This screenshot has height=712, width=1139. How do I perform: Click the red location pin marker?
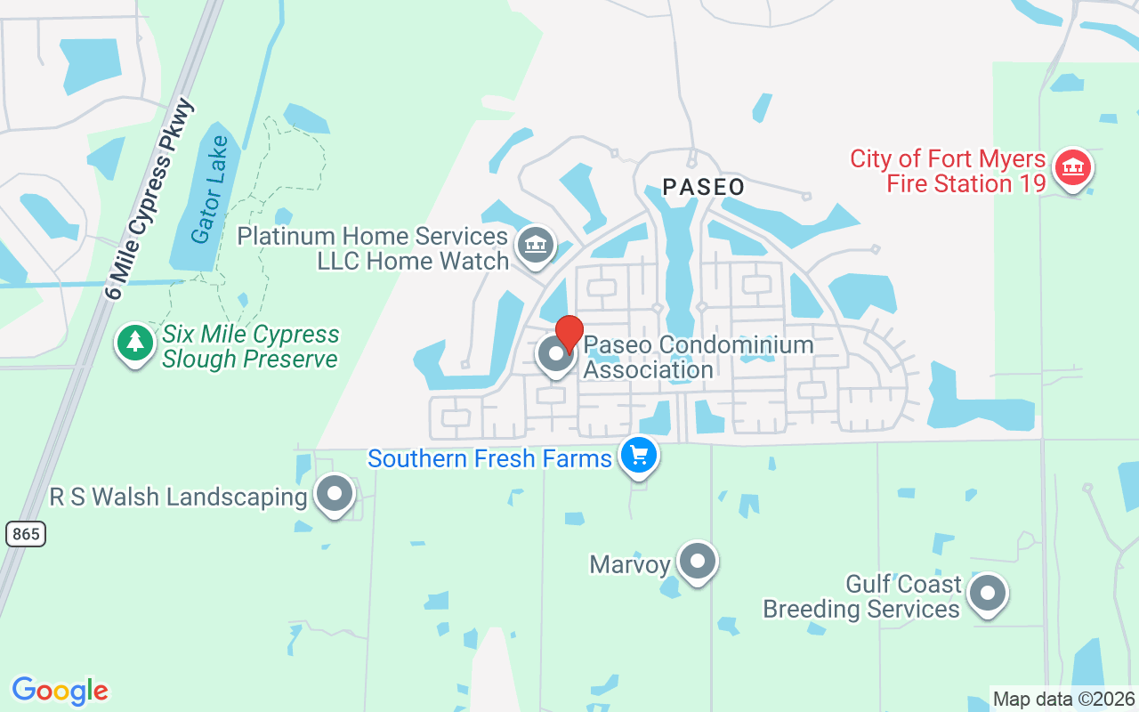(569, 333)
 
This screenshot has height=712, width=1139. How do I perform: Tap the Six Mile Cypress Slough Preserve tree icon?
(134, 343)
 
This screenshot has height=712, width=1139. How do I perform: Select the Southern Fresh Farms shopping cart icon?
(638, 455)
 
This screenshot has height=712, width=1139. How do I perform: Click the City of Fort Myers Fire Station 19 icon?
(1072, 167)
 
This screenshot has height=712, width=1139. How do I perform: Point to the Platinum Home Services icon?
(535, 244)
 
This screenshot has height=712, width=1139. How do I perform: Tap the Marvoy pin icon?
(698, 562)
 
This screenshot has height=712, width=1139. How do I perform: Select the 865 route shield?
(25, 533)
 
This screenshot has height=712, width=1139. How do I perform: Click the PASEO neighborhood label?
(703, 187)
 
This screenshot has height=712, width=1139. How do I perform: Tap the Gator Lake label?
(210, 189)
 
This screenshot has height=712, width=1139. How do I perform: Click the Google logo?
(60, 691)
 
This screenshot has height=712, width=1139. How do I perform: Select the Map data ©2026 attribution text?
(1064, 700)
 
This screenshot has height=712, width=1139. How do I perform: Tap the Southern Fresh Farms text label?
(489, 459)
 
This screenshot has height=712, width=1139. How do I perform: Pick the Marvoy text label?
(630, 564)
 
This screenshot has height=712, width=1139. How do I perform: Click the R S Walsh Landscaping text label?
(178, 497)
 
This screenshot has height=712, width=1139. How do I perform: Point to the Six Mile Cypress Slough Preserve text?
(250, 347)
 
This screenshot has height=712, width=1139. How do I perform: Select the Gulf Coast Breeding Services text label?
(861, 596)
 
